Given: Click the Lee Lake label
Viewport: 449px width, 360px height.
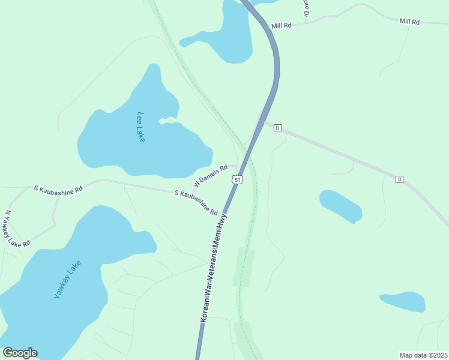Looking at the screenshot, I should coord(141,127).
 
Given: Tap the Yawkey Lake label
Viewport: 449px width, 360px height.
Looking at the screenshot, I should coord(67,280).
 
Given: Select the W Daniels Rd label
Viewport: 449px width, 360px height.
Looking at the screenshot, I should coord(210,175).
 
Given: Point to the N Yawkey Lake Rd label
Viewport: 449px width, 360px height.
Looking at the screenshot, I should coord(17,229).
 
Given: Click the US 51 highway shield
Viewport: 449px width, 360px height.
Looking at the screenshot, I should coord(238,180).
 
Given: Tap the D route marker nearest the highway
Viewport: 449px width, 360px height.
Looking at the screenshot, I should coord(277,128).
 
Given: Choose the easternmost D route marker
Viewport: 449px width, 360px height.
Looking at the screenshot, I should coord(399,179).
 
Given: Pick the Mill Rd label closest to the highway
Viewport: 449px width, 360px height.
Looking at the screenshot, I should coord(281,26).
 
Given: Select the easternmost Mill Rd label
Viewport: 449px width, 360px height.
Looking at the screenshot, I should coord(409,22).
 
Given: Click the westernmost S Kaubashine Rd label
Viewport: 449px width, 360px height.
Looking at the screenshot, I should coord(58,188).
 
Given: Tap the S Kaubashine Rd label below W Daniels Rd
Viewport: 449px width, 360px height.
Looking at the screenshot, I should coord(196,202).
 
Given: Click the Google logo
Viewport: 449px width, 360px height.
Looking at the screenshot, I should coord(20,353).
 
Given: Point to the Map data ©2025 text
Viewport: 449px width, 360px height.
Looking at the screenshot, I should coord(423,355).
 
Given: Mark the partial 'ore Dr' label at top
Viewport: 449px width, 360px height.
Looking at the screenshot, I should coord(306,8).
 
